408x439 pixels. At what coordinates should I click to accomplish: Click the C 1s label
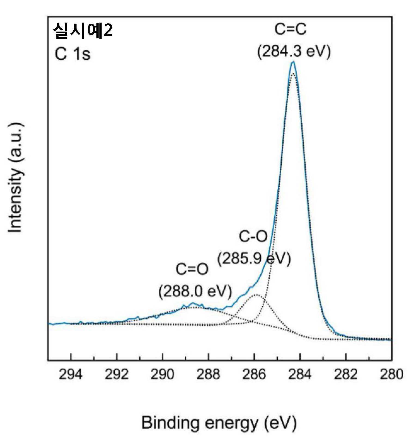[x=72, y=54]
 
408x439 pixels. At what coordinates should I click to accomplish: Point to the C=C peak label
[x=290, y=29]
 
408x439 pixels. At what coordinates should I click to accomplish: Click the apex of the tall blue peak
[x=293, y=62]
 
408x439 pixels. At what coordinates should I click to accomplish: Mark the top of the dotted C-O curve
[x=257, y=295]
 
